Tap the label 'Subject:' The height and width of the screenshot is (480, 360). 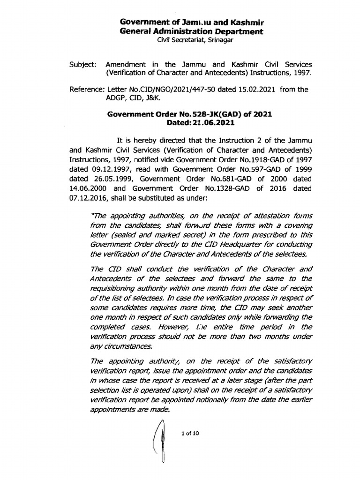coord(82,63)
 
